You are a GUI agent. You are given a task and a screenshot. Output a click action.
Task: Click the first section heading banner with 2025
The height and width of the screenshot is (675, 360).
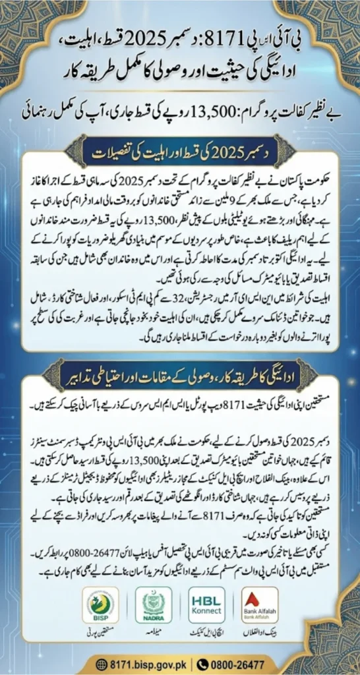pyautogui.click(x=179, y=156)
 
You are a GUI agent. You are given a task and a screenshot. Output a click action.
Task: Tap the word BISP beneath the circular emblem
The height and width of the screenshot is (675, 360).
pyautogui.click(x=101, y=620)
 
